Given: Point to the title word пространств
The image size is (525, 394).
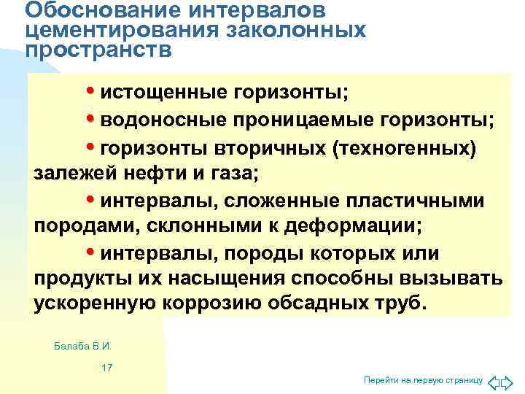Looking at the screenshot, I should (98, 50).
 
